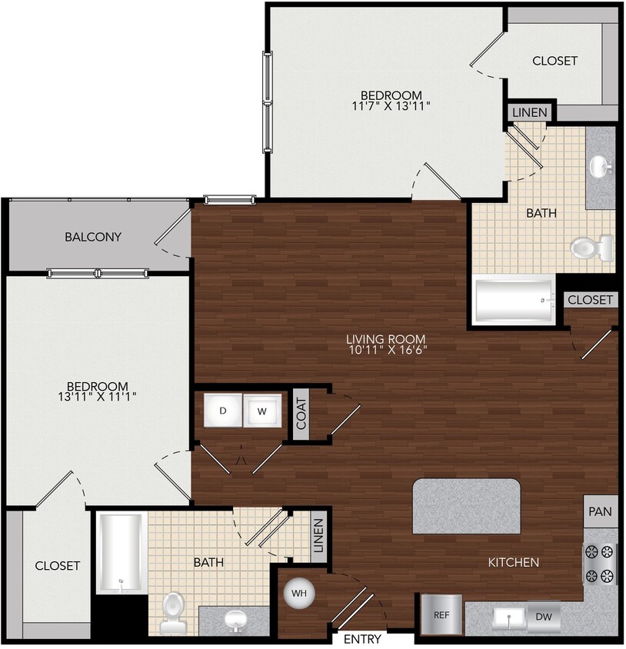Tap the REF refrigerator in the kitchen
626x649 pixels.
click(441, 614)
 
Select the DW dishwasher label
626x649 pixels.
click(544, 616)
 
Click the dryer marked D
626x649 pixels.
click(223, 411)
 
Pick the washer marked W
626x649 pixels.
click(261, 411)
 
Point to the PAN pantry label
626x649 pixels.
click(601, 511)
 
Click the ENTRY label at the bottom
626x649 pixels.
click(362, 639)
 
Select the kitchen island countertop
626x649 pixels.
click(467, 506)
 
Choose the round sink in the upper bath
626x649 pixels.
click(598, 165)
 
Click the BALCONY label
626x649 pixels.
click(93, 237)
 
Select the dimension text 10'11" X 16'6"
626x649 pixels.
click(386, 350)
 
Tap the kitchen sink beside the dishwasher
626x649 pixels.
click(508, 617)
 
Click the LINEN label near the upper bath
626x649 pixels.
click(529, 112)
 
